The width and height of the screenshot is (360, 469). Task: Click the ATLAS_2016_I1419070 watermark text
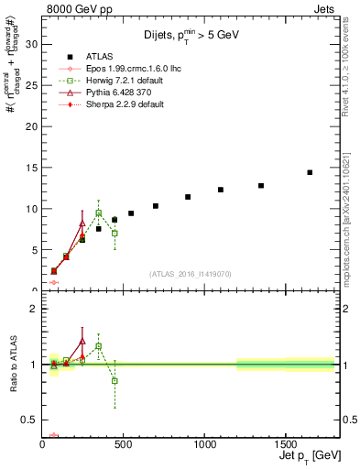(x=191, y=273)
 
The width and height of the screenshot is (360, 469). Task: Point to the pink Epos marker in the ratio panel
(x=54, y=435)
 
